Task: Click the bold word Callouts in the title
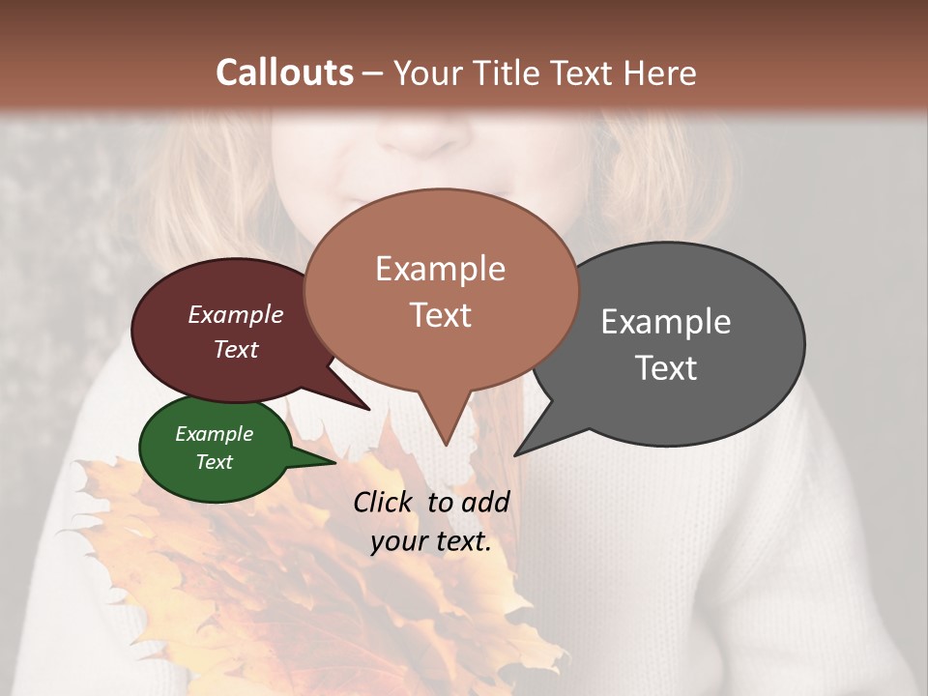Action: [284, 72]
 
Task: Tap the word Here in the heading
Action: [660, 72]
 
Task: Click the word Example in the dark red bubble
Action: [235, 314]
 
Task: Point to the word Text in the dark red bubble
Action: [235, 349]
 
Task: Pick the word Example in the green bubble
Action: [214, 434]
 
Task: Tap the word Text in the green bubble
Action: [214, 462]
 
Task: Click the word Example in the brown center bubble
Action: [440, 269]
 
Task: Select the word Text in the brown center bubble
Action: [440, 314]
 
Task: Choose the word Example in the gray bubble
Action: [666, 321]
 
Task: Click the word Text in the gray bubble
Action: [666, 367]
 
